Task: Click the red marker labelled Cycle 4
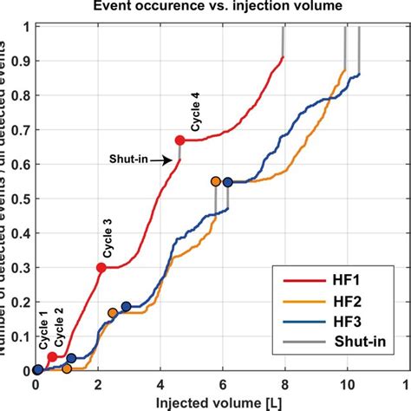(x=179, y=140)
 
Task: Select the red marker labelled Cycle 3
(x=101, y=268)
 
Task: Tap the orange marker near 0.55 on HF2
(x=216, y=181)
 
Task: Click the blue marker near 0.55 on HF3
(x=228, y=182)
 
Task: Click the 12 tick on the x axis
(x=407, y=383)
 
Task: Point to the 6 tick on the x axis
(x=222, y=383)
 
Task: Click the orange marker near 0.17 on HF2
(x=113, y=313)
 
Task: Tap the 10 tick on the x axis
(x=346, y=383)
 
